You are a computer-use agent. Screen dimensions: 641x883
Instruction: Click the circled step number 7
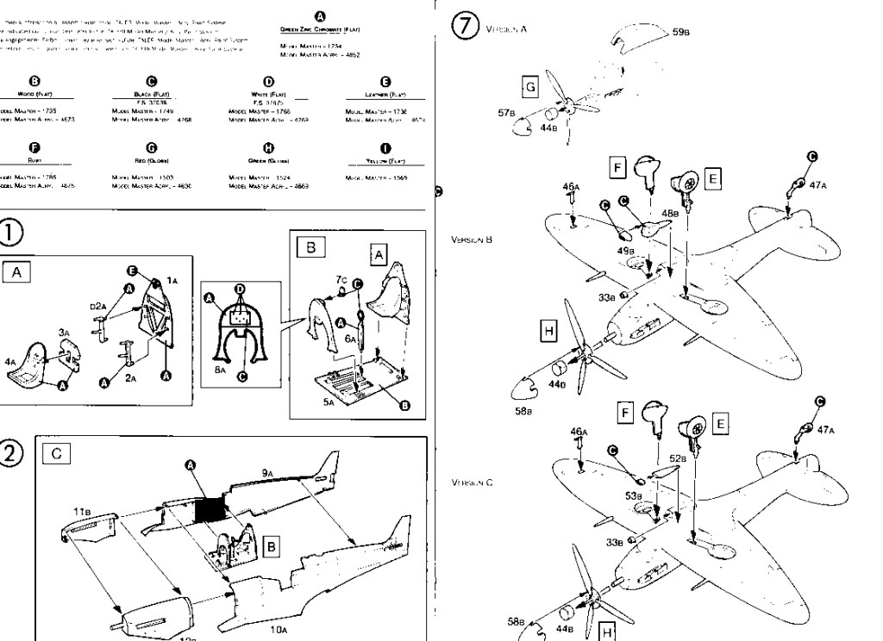467,28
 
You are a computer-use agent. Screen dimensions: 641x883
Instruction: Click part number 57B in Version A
507,112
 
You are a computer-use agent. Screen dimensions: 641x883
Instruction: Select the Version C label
471,482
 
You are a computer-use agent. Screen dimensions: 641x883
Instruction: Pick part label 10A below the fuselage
278,630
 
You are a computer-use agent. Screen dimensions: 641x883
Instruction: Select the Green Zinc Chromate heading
320,29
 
